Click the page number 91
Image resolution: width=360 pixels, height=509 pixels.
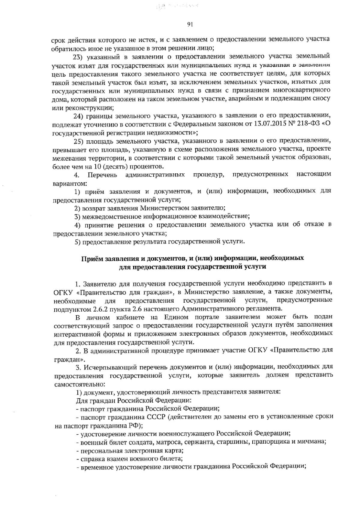189,25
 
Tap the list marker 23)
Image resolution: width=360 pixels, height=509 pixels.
79,56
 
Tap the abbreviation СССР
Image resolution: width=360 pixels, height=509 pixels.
156,417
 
